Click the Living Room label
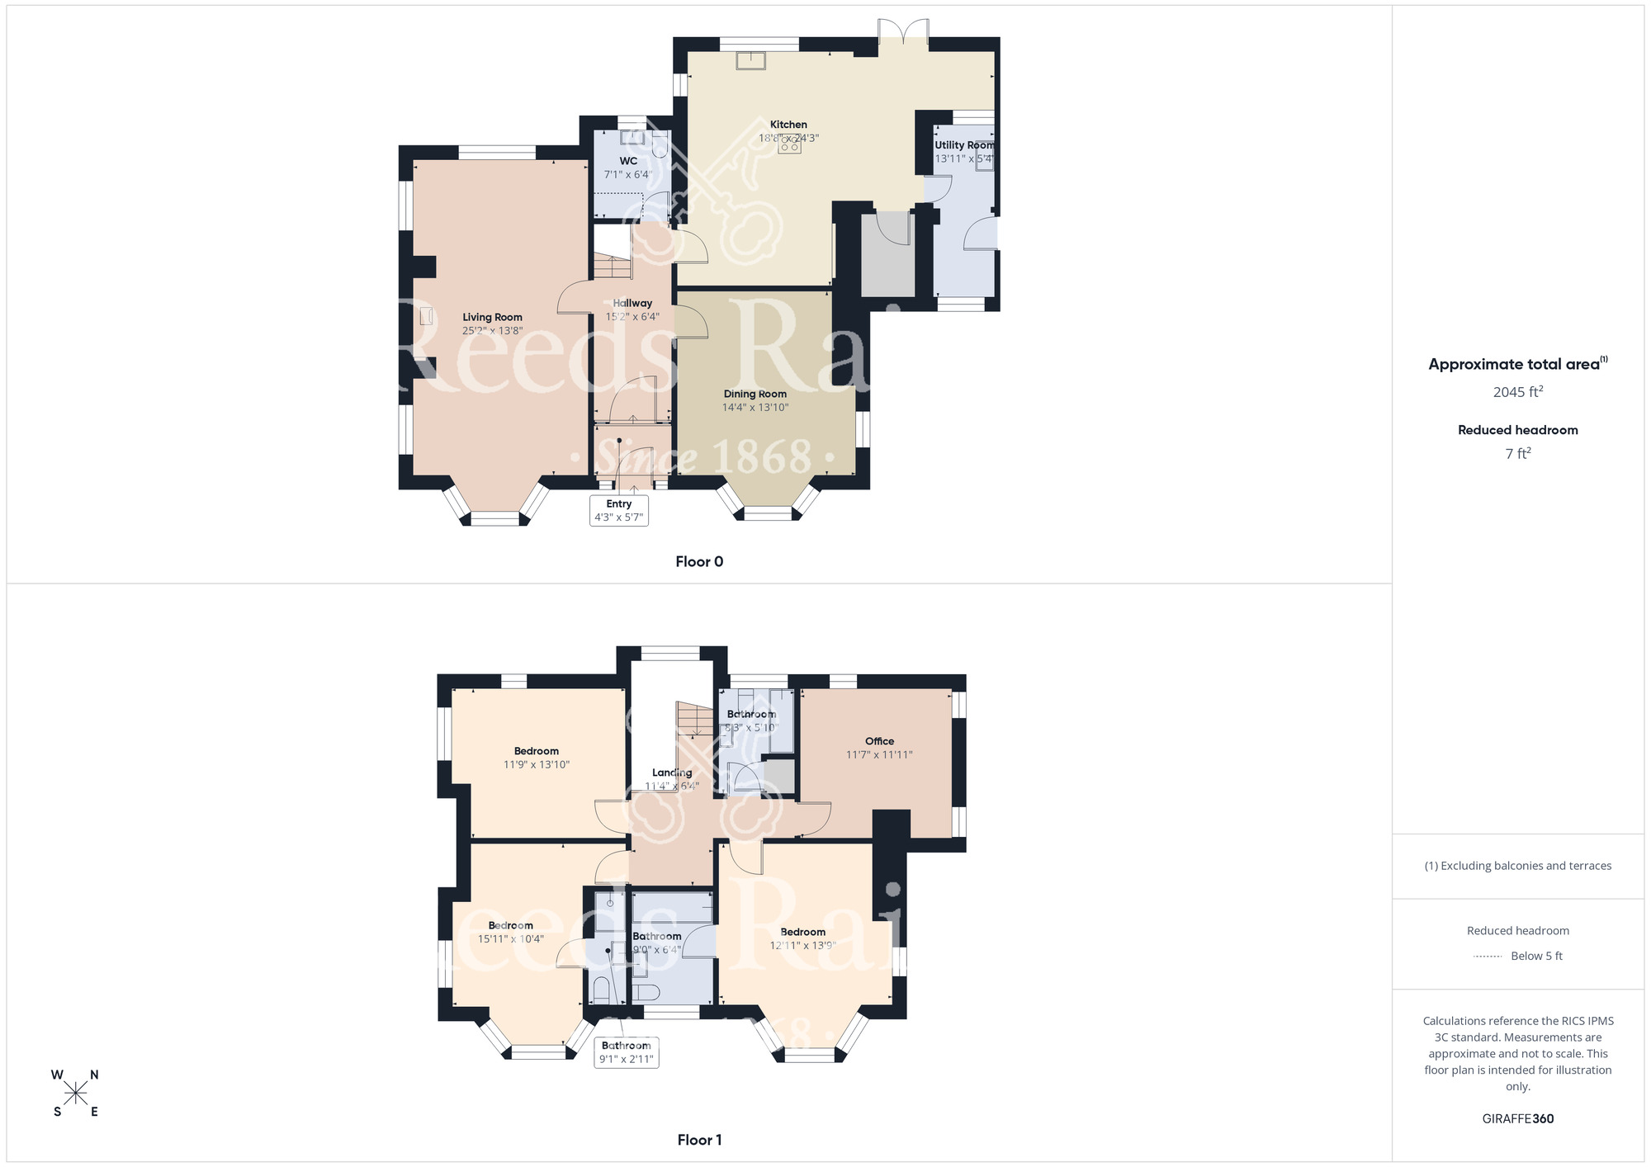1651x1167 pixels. (x=492, y=317)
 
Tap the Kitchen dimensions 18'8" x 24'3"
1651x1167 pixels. (x=788, y=139)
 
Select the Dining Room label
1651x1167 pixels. (x=755, y=394)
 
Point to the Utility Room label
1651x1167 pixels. (x=963, y=145)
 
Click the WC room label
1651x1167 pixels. (x=628, y=161)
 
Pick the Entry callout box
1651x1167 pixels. (x=619, y=510)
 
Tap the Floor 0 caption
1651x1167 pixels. (x=699, y=562)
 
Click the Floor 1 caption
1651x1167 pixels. (x=699, y=1140)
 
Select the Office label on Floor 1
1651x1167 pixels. (x=879, y=741)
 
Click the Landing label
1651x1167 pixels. (x=672, y=773)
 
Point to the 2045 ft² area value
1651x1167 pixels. (x=1517, y=392)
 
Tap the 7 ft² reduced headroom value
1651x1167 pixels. (x=1517, y=453)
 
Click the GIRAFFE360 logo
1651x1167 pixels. (x=1517, y=1119)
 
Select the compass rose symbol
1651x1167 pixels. (x=76, y=1094)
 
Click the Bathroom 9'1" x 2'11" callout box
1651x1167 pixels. (x=627, y=1052)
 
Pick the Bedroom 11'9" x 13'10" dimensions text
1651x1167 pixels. (x=537, y=765)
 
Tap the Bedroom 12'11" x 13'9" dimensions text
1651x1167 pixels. (x=802, y=946)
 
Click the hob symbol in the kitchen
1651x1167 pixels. (x=789, y=145)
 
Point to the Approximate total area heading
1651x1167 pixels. (x=1517, y=364)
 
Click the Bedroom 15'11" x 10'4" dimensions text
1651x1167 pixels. (x=510, y=939)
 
